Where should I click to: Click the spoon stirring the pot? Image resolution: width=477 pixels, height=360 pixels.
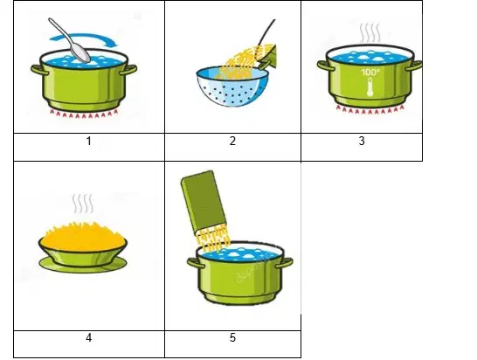pos(69,41)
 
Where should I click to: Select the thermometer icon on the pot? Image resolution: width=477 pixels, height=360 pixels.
pos(370,87)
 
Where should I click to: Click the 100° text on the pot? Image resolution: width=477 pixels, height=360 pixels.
pos(370,73)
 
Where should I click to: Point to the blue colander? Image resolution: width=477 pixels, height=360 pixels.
pos(232,87)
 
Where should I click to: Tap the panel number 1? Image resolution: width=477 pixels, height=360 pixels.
pos(89,141)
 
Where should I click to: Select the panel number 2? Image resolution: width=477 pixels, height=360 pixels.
pos(232,141)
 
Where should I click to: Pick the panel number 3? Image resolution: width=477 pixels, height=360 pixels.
pos(362,141)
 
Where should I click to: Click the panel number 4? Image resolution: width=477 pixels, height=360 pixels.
pos(89,337)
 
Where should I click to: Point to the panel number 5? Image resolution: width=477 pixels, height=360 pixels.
pos(232,337)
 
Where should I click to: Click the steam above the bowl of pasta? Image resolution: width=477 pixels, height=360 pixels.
pos(83,204)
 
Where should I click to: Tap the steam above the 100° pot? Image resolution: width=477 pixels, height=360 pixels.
pos(370,32)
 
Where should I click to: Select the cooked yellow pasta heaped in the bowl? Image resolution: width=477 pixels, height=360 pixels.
pos(83,237)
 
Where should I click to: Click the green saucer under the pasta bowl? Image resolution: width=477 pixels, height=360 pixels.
pos(83,265)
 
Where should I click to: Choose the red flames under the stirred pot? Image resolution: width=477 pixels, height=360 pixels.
pos(83,114)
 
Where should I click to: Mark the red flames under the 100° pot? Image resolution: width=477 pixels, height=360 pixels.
pos(370,109)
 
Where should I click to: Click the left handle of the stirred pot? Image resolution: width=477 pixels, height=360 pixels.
pos(39,70)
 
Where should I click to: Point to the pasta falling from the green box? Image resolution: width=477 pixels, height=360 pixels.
pos(213,238)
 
